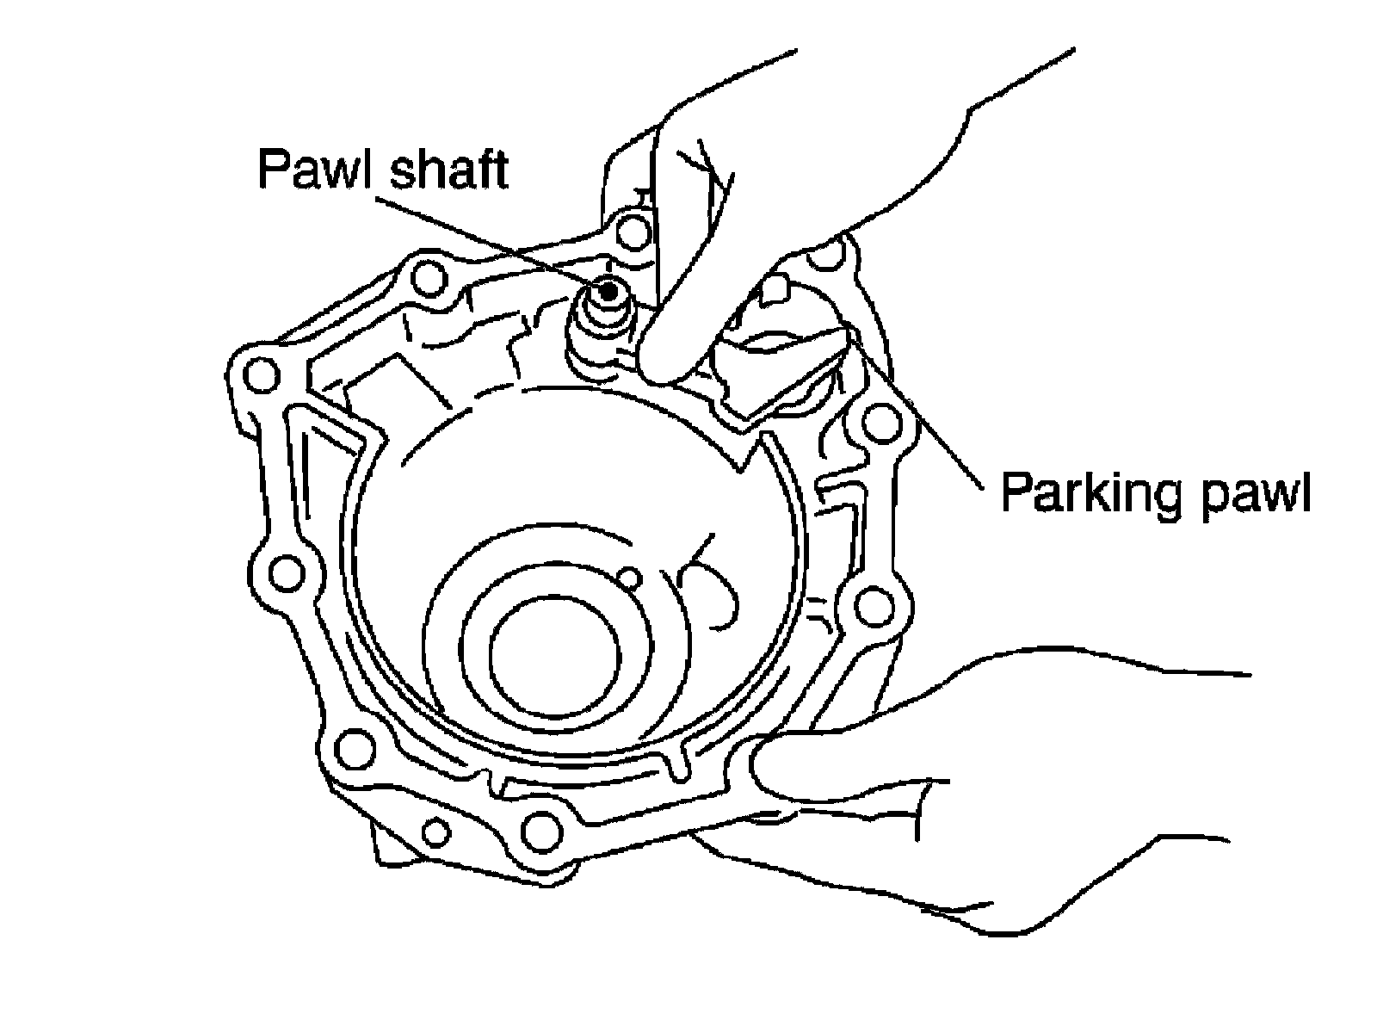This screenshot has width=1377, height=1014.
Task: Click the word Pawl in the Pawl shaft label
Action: click(315, 170)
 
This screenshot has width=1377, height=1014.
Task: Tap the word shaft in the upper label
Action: click(447, 170)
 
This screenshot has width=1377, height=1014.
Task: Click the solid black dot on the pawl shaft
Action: click(608, 291)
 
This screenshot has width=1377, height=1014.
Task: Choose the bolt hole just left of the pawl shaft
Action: click(429, 277)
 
